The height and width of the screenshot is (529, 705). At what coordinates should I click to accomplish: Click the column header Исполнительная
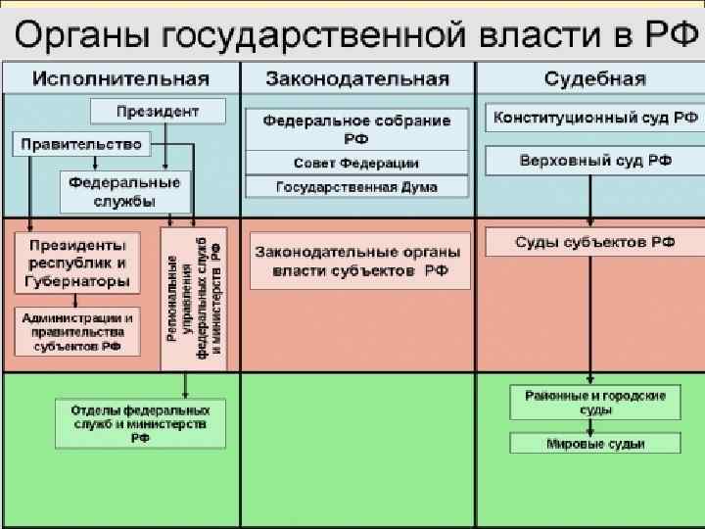(121, 79)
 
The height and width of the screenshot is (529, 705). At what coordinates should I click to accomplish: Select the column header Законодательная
(358, 79)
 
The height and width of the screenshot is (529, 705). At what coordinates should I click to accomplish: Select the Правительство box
(81, 145)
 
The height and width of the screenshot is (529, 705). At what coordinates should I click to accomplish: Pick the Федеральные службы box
(123, 192)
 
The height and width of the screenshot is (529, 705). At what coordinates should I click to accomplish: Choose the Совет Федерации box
(356, 163)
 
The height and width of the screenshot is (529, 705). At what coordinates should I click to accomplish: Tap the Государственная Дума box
(356, 186)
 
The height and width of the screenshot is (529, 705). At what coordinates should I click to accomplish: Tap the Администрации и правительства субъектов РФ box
(77, 331)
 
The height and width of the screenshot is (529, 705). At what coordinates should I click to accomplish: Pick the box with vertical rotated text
(193, 299)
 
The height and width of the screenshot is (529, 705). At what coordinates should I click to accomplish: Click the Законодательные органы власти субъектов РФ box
(359, 261)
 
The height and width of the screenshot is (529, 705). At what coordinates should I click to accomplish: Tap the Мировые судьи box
(595, 444)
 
